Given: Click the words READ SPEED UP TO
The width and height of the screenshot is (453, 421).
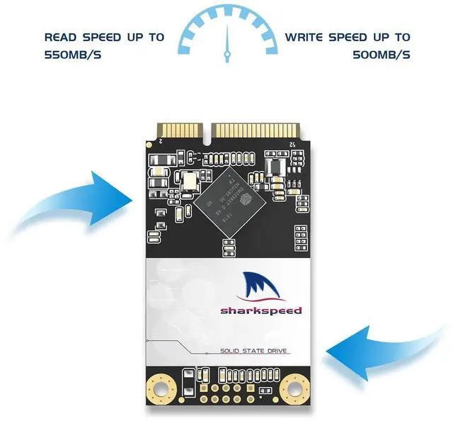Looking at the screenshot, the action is [x=103, y=37].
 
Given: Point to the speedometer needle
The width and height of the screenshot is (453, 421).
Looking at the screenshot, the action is [x=226, y=45].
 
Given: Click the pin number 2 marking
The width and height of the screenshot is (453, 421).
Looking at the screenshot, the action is [x=161, y=143].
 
